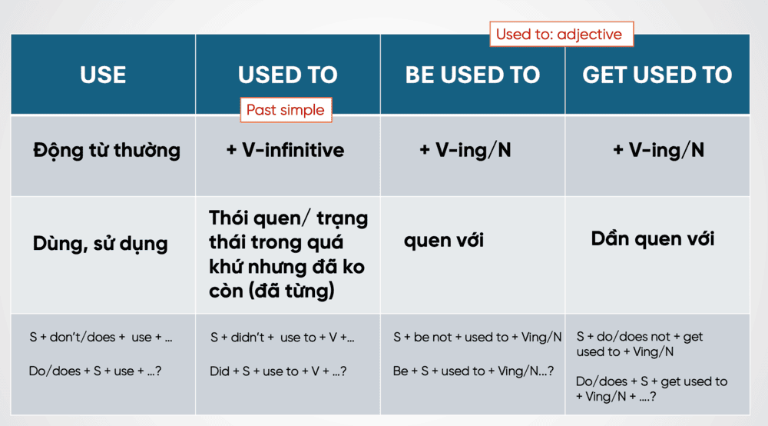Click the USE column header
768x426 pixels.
pyautogui.click(x=103, y=75)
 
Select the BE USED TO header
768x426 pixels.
pyautogui.click(x=472, y=75)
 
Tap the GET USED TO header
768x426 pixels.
pyautogui.click(x=657, y=75)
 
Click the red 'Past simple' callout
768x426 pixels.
pyautogui.click(x=286, y=110)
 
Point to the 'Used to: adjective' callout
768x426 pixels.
pyautogui.click(x=561, y=34)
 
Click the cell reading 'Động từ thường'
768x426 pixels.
pyautogui.click(x=107, y=150)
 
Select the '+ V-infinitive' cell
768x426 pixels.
pyautogui.click(x=286, y=150)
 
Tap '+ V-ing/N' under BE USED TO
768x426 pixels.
pyautogui.click(x=465, y=150)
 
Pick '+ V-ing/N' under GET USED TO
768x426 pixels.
pyautogui.click(x=658, y=150)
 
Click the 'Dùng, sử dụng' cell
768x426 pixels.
pyautogui.click(x=101, y=243)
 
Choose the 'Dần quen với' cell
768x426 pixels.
pyautogui.click(x=652, y=238)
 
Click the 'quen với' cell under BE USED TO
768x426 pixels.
pyautogui.click(x=444, y=240)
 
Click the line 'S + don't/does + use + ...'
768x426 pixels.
pyautogui.click(x=101, y=338)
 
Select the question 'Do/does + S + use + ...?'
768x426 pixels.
pyautogui.click(x=95, y=371)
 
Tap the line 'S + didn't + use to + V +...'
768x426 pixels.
pyautogui.click(x=282, y=338)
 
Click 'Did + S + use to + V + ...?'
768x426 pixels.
pyautogui.click(x=278, y=371)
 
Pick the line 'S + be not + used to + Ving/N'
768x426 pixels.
pyautogui.click(x=478, y=338)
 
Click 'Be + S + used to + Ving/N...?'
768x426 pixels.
pyautogui.click(x=473, y=371)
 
